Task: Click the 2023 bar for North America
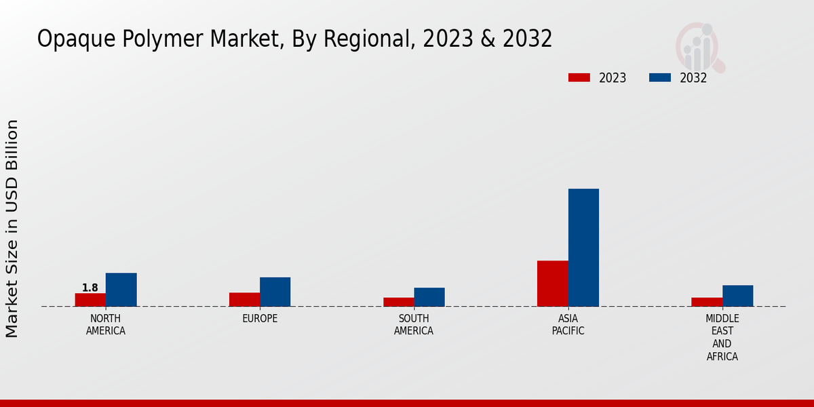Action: point(90,300)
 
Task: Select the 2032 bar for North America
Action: point(121,290)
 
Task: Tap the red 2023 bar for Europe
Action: point(244,299)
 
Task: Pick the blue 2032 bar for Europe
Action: point(275,292)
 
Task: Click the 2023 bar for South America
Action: point(398,302)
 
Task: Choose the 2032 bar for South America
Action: point(429,297)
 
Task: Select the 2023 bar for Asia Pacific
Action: point(553,284)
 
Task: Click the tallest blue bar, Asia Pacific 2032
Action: point(583,248)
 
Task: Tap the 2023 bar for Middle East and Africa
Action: point(707,302)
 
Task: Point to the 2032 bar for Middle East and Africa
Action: point(737,296)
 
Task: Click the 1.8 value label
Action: point(90,288)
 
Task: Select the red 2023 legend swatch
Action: point(579,77)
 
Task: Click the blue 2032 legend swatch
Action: point(660,77)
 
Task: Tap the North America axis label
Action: point(106,325)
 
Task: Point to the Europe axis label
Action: point(260,319)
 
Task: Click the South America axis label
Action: point(414,325)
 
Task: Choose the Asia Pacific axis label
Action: point(568,325)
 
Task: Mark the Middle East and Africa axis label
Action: point(722,337)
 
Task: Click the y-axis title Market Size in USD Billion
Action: point(12,229)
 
